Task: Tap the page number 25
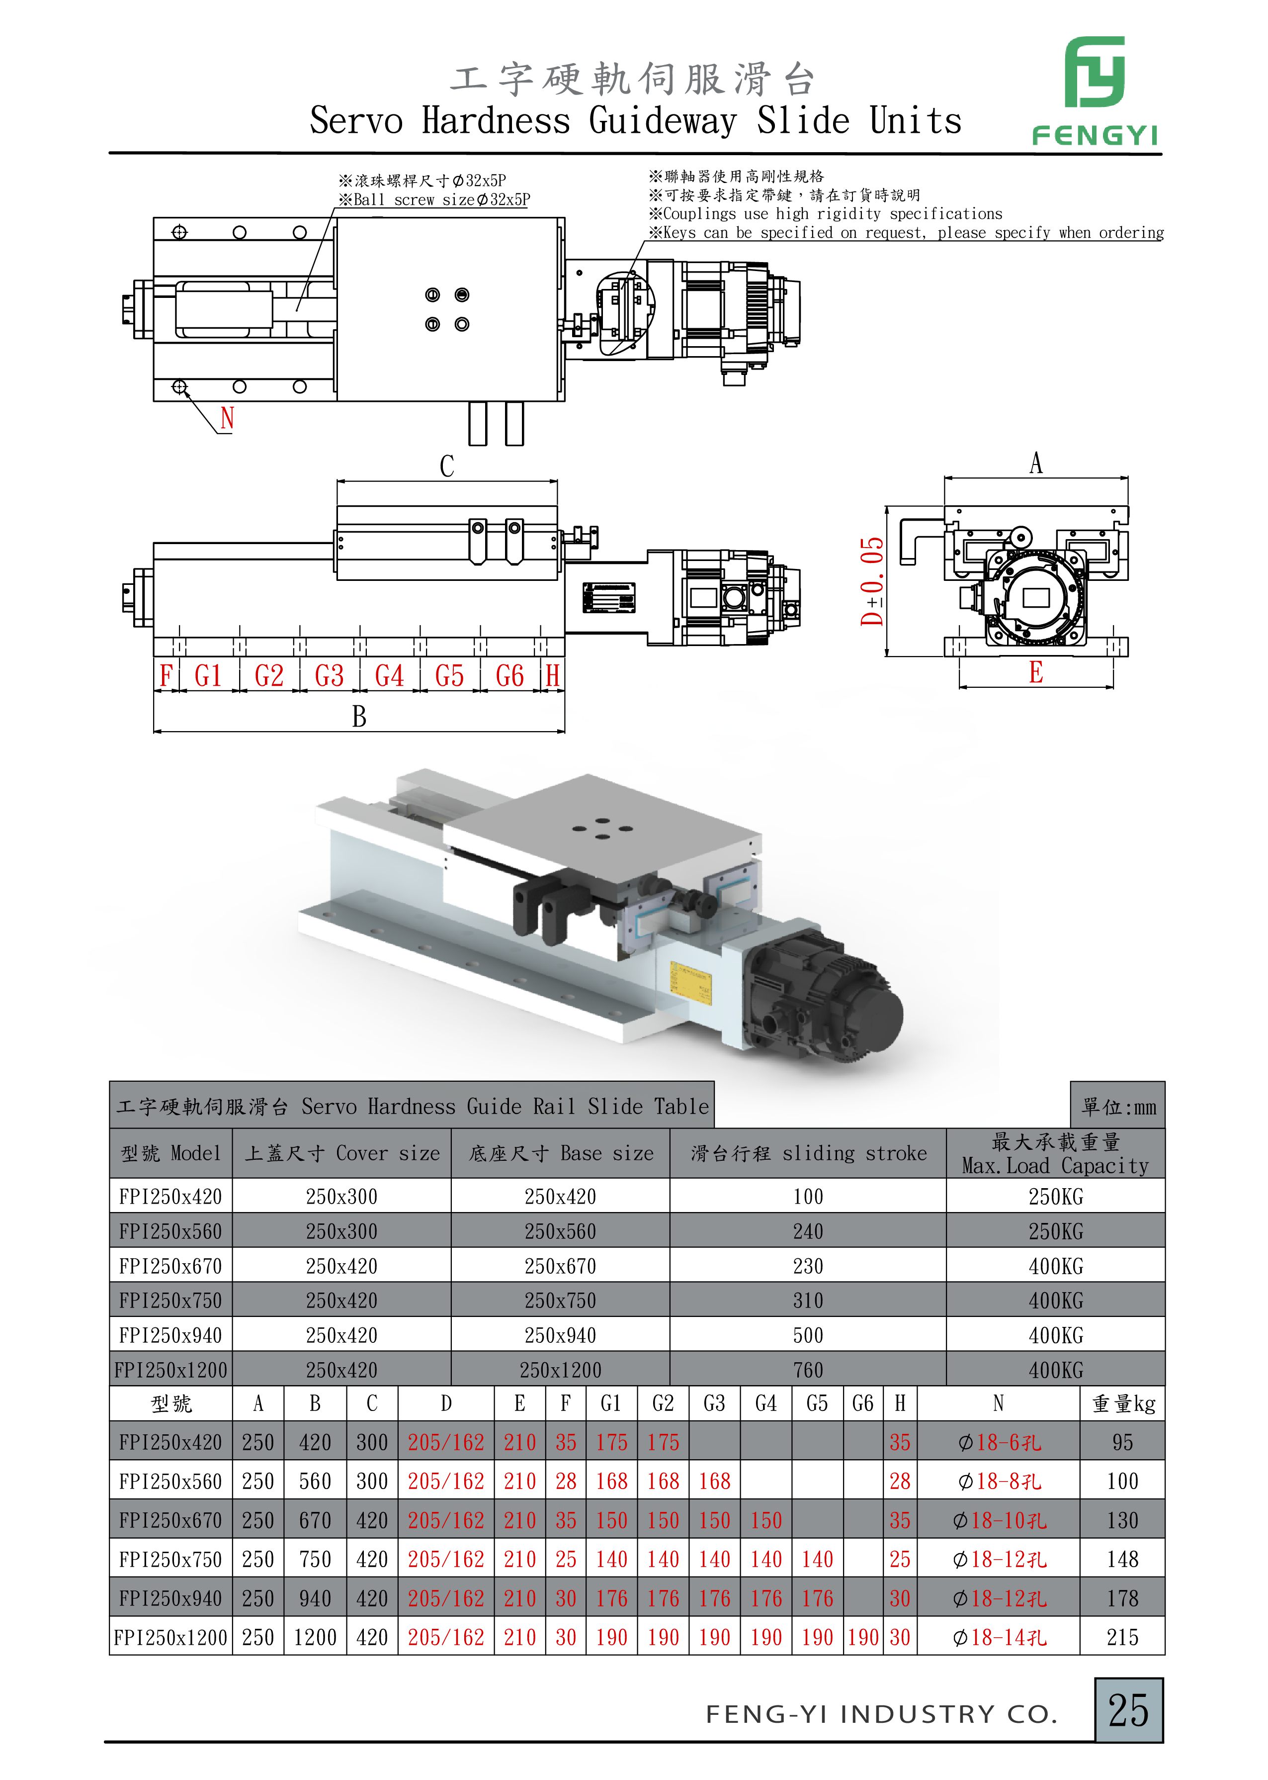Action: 1128,1710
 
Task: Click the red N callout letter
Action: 227,418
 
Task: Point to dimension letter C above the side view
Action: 447,467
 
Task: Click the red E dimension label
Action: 1035,672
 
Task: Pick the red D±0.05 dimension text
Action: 872,581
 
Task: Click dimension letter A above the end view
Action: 1035,463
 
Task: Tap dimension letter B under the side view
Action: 359,716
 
